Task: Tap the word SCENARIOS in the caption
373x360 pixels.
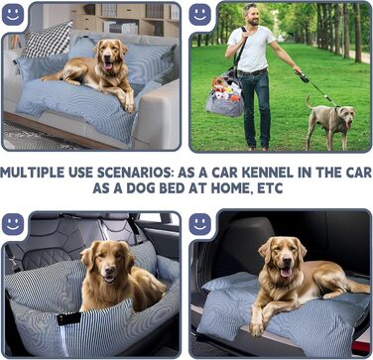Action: point(135,173)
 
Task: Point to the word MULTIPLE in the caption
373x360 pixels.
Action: point(28,173)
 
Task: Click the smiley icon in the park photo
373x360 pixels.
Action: point(200,15)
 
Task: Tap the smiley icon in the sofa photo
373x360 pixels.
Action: point(13,15)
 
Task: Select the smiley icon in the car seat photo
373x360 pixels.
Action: point(13,224)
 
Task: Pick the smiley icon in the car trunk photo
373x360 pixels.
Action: point(200,224)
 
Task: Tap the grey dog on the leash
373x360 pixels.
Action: point(329,121)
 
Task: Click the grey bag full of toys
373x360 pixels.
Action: point(224,97)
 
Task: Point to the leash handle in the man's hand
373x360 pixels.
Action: point(303,77)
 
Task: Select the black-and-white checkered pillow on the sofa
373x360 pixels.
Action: point(48,40)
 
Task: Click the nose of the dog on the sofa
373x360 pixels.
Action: point(108,57)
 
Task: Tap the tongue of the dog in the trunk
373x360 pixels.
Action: point(285,272)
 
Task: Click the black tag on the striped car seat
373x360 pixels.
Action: point(68,318)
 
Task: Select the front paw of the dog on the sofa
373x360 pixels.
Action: point(129,106)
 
